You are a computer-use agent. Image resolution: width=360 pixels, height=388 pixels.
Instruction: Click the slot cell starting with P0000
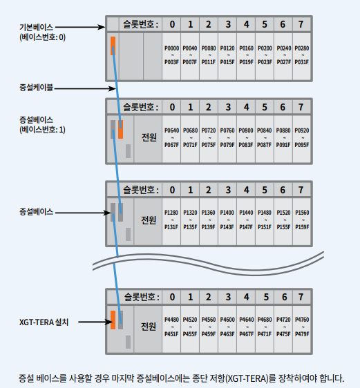coord(171,55)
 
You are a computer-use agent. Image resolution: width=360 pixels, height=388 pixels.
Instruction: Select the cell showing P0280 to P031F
coord(301,55)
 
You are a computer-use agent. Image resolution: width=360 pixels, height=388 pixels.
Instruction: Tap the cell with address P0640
coord(171,137)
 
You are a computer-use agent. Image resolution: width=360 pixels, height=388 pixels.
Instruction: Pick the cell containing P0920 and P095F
coord(301,137)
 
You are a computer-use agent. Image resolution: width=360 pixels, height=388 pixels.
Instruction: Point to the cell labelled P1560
coord(301,220)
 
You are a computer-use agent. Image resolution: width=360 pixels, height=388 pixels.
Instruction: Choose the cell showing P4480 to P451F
coord(171,327)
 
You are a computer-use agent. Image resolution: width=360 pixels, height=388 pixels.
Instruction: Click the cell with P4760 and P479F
coord(301,327)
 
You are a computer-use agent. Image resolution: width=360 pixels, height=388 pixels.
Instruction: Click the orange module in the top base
coord(112,46)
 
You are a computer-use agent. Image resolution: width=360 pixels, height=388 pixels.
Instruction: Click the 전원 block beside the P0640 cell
coord(148,137)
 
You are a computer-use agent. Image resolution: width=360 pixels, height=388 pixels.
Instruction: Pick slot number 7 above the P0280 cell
coord(301,25)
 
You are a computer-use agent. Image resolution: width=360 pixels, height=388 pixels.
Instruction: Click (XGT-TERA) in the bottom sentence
coord(247,378)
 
